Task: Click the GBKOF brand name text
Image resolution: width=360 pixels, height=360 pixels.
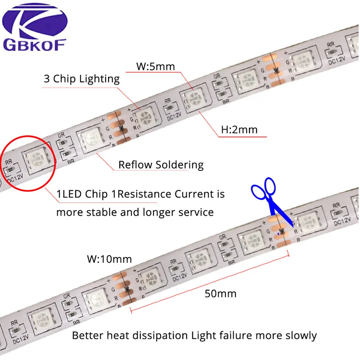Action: pyautogui.click(x=35, y=45)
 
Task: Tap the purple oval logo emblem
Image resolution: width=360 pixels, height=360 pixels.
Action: pyautogui.click(x=35, y=20)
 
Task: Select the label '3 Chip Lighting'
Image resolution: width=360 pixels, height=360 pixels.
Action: pyautogui.click(x=81, y=79)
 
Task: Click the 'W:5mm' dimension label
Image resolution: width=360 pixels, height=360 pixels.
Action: pyautogui.click(x=155, y=67)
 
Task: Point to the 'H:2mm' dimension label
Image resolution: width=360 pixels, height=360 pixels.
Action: pyautogui.click(x=239, y=130)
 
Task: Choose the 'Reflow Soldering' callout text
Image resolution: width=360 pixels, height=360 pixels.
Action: pyautogui.click(x=161, y=165)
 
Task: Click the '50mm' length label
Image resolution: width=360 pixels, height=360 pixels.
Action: pyautogui.click(x=220, y=294)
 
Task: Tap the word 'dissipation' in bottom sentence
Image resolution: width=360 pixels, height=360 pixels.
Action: pyautogui.click(x=156, y=336)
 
